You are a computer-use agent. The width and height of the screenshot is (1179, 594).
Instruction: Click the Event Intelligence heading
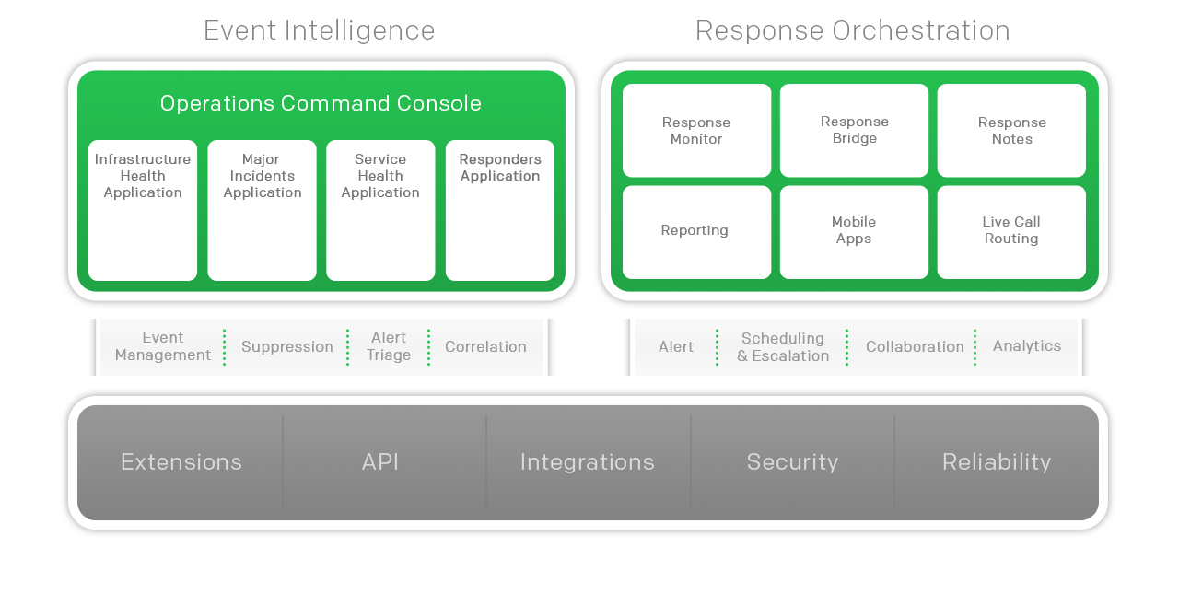(x=319, y=30)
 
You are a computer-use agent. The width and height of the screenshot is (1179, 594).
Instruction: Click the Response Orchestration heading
(x=852, y=30)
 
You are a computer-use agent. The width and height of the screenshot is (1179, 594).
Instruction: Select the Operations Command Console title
(x=321, y=103)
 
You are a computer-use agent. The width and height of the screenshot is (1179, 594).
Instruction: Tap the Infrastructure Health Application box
(x=143, y=210)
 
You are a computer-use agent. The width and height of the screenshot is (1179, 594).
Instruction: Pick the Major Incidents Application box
(x=262, y=210)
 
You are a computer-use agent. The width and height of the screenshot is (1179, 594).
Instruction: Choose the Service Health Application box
(x=380, y=210)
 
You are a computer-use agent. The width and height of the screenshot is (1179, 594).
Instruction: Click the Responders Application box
(x=500, y=210)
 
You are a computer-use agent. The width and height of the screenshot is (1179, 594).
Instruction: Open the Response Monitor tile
(x=696, y=131)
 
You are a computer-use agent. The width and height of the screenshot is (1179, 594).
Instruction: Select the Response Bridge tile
(x=854, y=130)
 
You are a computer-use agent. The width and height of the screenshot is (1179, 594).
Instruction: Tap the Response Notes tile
(x=1011, y=131)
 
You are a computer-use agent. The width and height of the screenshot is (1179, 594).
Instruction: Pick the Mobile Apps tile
(x=854, y=231)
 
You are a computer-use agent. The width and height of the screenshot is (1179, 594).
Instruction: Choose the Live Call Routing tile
(x=1011, y=231)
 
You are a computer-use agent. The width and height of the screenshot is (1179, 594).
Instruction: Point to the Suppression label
(x=287, y=347)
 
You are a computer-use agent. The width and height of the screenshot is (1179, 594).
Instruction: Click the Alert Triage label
(x=389, y=346)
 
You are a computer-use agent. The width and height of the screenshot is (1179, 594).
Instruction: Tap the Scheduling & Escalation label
(x=783, y=347)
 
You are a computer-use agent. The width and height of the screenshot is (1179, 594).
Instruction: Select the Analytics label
(x=1027, y=346)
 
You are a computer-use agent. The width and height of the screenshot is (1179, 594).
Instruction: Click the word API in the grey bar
(x=380, y=462)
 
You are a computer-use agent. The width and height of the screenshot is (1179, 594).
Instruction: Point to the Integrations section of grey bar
(x=588, y=462)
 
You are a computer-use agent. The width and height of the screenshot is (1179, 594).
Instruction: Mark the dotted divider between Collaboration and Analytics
(x=975, y=347)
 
